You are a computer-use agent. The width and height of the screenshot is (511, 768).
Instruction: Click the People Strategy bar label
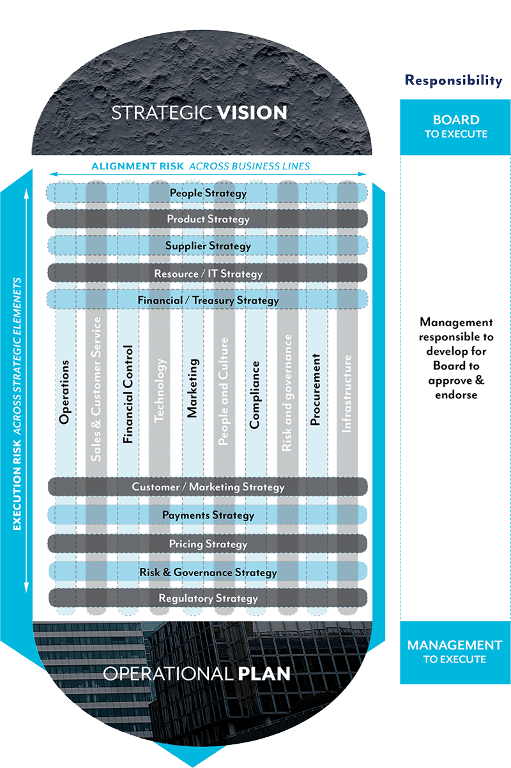point(208,193)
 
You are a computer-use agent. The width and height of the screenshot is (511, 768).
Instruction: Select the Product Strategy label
point(208,219)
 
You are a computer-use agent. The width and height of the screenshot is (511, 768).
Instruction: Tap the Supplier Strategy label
point(208,246)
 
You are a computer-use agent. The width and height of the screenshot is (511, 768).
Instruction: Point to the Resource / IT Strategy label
point(208,274)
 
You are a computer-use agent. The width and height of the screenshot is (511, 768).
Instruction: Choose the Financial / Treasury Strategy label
point(208,301)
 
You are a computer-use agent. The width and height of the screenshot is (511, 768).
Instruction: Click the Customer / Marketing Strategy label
point(208,487)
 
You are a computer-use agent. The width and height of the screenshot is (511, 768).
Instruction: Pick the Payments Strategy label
point(208,515)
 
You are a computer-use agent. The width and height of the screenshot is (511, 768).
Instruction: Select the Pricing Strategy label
point(208,544)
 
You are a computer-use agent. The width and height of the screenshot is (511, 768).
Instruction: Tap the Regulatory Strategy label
point(208,599)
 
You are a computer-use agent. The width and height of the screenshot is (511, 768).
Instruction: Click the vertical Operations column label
point(64,392)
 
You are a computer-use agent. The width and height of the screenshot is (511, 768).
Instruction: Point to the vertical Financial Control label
point(128,395)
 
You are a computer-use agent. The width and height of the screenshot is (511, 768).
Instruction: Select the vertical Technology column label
point(160,389)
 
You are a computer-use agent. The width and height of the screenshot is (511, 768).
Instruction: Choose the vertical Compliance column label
point(255,395)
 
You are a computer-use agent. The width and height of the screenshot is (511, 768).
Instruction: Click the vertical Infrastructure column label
point(346,395)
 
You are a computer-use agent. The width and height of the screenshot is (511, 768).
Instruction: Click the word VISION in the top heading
point(252,113)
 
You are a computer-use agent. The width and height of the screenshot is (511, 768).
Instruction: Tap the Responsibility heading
point(454,81)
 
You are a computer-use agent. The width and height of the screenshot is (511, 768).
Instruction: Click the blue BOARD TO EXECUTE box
point(455,127)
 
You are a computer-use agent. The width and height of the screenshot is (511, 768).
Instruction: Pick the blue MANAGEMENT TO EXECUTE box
point(455,652)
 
